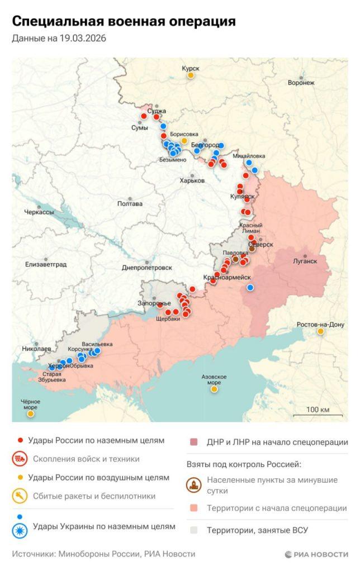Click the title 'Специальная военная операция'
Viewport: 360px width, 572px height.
[x=124, y=22]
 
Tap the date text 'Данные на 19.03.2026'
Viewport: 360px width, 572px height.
[x=59, y=39]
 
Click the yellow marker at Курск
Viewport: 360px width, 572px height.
[x=191, y=75]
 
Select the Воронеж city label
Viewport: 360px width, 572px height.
[x=301, y=83]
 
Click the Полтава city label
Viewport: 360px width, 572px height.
[x=130, y=204]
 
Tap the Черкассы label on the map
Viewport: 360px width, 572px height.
[x=39, y=212]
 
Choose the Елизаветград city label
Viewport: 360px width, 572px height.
[x=45, y=264]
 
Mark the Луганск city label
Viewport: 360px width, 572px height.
[x=305, y=261]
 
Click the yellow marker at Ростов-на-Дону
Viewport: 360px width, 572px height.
[x=320, y=331]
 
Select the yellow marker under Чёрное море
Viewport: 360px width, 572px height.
[x=31, y=414]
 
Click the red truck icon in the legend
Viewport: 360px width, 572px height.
[x=20, y=459]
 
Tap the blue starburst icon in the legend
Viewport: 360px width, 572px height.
[x=20, y=527]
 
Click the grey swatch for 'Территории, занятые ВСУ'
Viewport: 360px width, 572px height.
[x=194, y=530]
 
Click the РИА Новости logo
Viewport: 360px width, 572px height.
[x=316, y=554]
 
